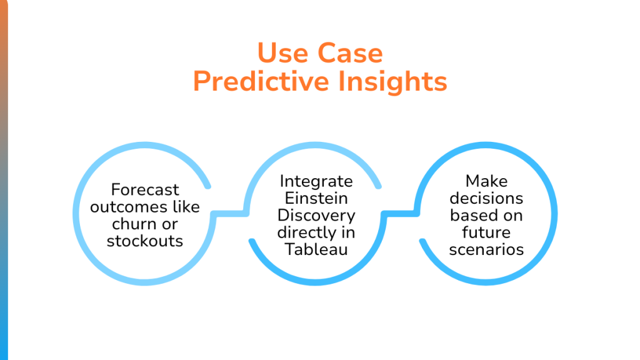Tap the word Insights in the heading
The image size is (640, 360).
pos(392,82)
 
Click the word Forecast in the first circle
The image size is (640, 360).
pos(145,189)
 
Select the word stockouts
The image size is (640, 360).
pos(145,241)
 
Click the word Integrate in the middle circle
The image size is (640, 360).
pos(316,181)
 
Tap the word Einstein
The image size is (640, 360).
pos(316,198)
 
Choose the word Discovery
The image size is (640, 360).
pos(316,216)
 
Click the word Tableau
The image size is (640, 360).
pos(316,249)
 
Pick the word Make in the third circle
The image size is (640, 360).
pos(487,181)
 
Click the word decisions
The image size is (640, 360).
pos(487,198)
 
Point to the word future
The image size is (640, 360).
pos(487,232)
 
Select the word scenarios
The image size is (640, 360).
pos(487,249)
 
